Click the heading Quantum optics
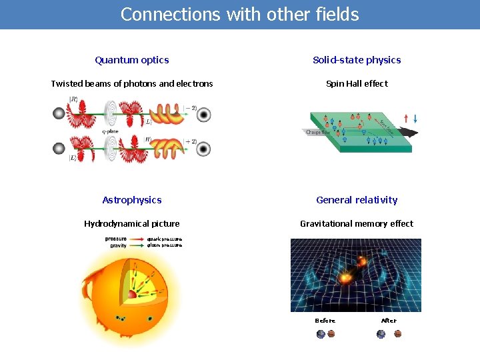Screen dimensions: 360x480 [x=131, y=60]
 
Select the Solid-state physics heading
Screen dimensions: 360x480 [x=357, y=60]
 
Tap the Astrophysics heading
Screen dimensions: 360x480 [x=131, y=200]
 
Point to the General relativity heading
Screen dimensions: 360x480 [x=357, y=200]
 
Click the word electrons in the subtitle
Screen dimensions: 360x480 [x=193, y=84]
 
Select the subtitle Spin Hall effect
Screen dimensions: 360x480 [x=357, y=84]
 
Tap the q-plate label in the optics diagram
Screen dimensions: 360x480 [x=111, y=132]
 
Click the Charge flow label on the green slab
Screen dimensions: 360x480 [x=318, y=133]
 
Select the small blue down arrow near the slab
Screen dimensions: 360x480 [x=415, y=119]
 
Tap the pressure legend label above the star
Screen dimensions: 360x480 [x=115, y=239]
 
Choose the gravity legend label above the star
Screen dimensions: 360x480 [x=118, y=245]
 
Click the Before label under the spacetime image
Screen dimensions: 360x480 [x=325, y=321]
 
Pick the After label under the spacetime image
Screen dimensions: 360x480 [x=389, y=321]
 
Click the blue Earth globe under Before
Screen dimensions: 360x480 [x=321, y=334]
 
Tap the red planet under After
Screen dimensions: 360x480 [x=398, y=334]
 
